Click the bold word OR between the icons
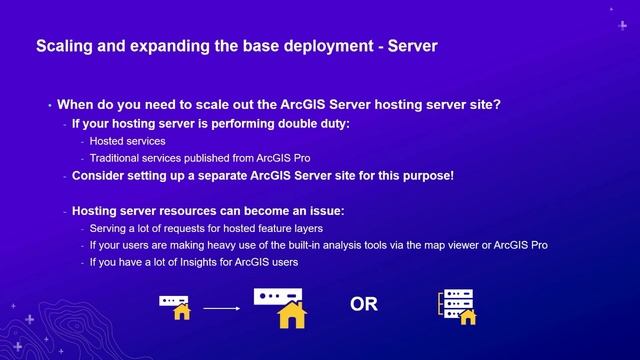point(364,304)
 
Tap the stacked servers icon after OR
point(456,306)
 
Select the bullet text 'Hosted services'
point(126,142)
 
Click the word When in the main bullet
point(76,104)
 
